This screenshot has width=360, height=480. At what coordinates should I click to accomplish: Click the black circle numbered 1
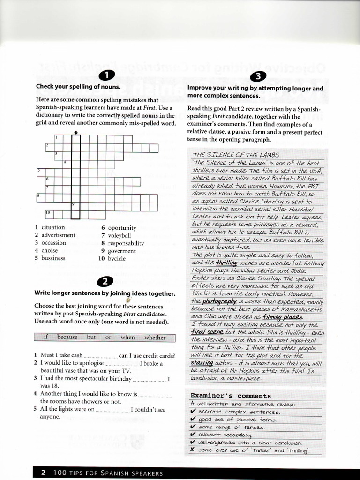(107, 75)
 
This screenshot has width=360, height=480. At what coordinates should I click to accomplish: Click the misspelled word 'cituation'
(53, 227)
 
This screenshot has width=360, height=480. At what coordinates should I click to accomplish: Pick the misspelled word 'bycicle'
(117, 258)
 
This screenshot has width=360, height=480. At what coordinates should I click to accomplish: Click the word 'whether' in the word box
(155, 337)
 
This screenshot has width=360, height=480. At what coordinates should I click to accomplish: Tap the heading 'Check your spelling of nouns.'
(78, 87)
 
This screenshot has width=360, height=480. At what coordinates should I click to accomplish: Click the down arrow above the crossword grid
(75, 132)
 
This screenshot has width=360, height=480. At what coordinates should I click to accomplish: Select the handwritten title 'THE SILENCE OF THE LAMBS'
(236, 155)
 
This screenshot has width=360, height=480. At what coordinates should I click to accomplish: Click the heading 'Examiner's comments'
(231, 396)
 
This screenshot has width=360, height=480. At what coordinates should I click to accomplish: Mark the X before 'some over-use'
(193, 450)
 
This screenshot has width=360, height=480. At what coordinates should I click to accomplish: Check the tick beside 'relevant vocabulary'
(193, 435)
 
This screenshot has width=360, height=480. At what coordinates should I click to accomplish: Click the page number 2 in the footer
(43, 473)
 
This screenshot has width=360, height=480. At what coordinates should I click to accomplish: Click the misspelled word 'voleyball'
(120, 235)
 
